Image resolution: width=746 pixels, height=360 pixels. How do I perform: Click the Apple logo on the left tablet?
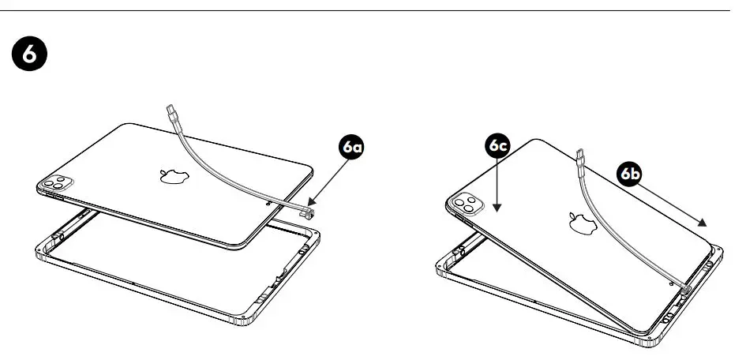pyautogui.click(x=171, y=174)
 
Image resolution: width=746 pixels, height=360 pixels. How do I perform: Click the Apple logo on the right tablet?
pyautogui.click(x=581, y=223)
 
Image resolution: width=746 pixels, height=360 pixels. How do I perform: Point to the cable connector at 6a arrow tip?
pyautogui.click(x=309, y=212)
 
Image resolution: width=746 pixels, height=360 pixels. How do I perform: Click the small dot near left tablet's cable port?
pyautogui.click(x=271, y=202)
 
